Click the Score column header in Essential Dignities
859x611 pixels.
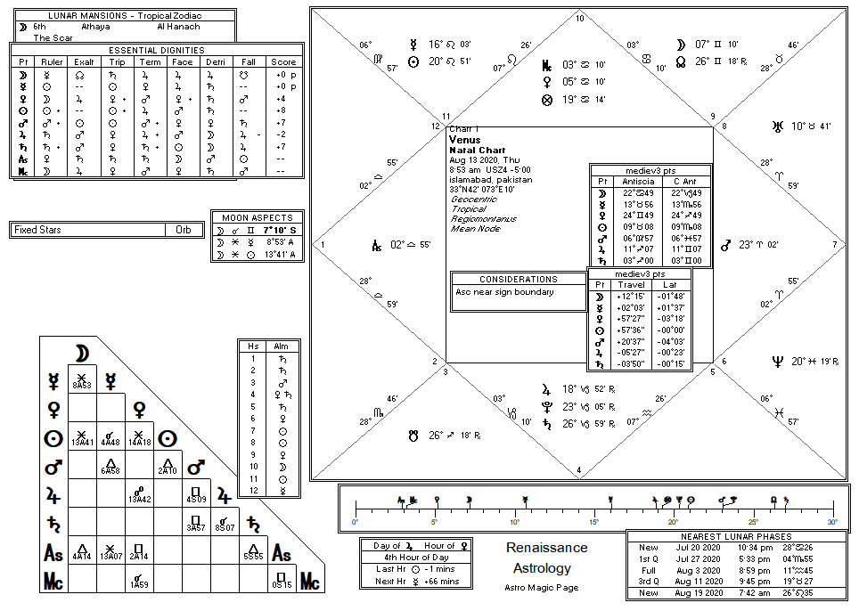283,62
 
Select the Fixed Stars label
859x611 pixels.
37,230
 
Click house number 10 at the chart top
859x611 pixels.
579,18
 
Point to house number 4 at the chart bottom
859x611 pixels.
579,470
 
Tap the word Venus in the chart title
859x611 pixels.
466,140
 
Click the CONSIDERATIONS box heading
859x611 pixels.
518,279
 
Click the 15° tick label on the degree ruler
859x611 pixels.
593,522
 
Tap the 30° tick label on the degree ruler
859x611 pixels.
832,522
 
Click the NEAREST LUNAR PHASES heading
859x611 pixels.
736,536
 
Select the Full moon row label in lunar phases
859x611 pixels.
648,570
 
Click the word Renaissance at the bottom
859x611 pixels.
546,548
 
